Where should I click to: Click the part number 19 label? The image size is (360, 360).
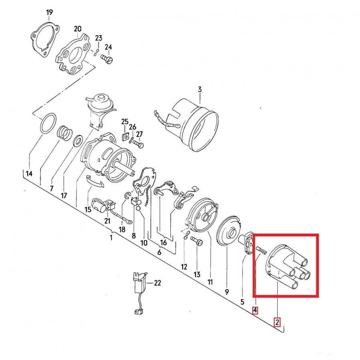pyautogui.click(x=49, y=12)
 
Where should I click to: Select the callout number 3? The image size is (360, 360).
pyautogui.click(x=200, y=89)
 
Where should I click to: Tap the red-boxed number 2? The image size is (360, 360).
pyautogui.click(x=277, y=322)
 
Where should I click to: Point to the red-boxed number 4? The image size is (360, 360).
pyautogui.click(x=255, y=310)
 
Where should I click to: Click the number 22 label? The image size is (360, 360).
pyautogui.click(x=158, y=283)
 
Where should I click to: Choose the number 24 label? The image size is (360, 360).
pyautogui.click(x=108, y=47)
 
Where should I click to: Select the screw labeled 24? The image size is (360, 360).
pyautogui.click(x=106, y=59)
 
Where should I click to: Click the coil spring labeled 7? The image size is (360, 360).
pyautogui.click(x=64, y=133)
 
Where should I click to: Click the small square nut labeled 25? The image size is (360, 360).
pyautogui.click(x=125, y=137)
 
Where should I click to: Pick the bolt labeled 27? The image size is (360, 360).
pyautogui.click(x=138, y=144)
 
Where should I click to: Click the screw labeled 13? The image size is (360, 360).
pyautogui.click(x=197, y=242)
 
